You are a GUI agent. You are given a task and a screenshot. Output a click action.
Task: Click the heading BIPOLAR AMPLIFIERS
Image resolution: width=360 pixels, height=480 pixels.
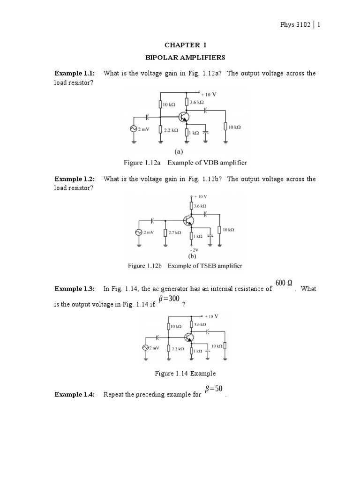pos(185,58)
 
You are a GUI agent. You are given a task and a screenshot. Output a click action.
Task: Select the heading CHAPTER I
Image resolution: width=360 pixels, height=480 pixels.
pos(185,45)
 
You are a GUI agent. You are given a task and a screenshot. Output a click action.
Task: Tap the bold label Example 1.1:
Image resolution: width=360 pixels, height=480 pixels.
pos(75,73)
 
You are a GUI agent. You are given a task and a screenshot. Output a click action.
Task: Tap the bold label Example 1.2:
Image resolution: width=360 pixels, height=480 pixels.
pos(75,179)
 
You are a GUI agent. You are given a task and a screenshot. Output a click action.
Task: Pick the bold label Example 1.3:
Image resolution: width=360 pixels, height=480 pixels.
pos(75,289)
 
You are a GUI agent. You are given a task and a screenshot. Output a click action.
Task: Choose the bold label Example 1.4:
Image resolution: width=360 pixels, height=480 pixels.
pos(75,394)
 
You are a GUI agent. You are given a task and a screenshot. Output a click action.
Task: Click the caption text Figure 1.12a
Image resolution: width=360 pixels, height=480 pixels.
pos(143,162)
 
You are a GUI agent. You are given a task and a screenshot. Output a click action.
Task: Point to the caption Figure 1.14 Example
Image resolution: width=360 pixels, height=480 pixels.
pos(185,373)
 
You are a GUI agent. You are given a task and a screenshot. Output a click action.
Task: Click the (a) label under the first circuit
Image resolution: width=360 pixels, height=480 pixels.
pos(179,151)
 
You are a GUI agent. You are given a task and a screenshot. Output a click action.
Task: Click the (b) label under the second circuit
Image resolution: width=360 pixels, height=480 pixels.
pos(192,256)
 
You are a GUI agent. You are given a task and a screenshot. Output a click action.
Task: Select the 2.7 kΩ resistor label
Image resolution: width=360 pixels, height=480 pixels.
pos(174,232)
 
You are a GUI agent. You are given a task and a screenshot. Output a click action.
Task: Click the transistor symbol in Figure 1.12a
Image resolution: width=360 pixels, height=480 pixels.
pos(184,118)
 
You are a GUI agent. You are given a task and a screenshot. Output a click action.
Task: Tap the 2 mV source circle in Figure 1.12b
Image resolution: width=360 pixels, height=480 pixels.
pos(139,232)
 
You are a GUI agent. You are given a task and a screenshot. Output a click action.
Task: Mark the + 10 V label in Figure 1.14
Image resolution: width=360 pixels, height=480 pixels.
pos(211,316)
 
